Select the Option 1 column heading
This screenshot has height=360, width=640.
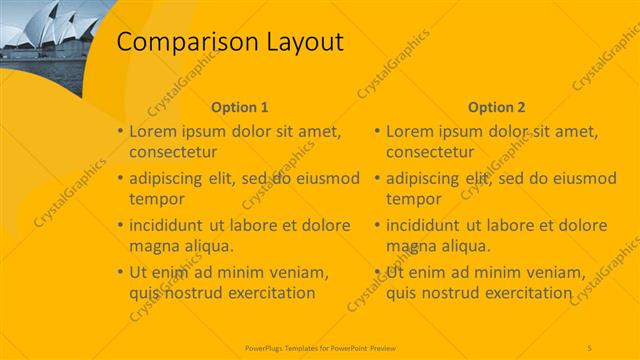(240, 107)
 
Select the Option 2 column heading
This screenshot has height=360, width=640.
(496, 107)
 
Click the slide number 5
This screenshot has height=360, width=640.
(590, 346)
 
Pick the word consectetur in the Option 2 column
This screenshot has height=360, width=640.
(430, 152)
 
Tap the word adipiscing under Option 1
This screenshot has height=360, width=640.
(168, 178)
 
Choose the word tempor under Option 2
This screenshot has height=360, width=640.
(411, 199)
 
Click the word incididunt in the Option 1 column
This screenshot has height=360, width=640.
(169, 225)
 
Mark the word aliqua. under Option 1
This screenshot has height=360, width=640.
(209, 245)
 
